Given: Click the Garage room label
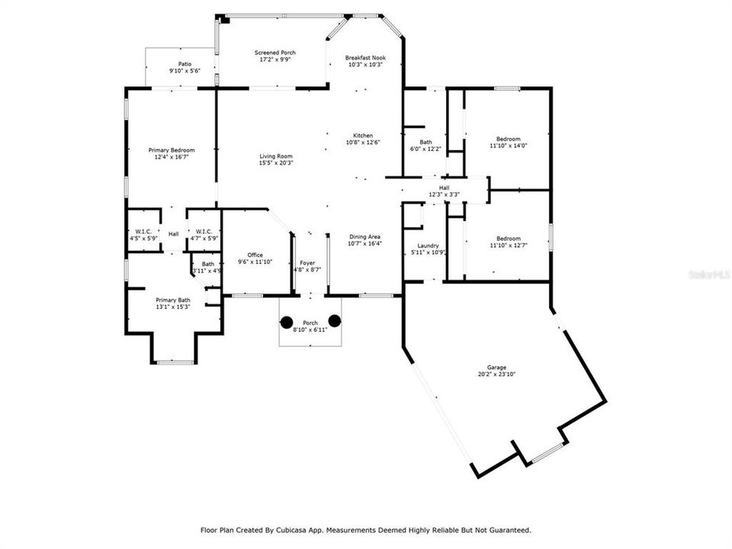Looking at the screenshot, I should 496,368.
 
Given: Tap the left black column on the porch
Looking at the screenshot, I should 287,322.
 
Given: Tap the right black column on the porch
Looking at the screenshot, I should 334,320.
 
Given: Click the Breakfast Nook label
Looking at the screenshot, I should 364,58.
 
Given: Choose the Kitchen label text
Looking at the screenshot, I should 363,136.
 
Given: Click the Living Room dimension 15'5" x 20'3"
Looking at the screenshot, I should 276,162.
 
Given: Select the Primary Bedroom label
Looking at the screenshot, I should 171,150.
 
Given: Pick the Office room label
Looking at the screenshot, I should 255,255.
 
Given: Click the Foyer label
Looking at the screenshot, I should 307,262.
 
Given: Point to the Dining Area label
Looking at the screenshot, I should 364,236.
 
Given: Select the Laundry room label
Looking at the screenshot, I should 428,246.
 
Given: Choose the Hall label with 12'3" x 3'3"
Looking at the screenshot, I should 444,187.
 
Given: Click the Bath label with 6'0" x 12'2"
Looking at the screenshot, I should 425,142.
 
